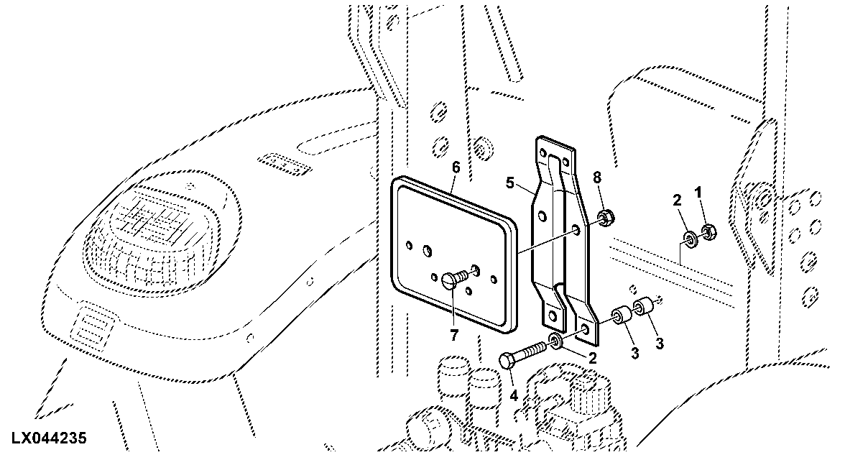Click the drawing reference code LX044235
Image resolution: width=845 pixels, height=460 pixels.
pos(47,438)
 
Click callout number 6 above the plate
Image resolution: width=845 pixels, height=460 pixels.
pos(456,167)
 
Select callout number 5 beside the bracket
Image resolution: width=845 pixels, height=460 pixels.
pos(510,183)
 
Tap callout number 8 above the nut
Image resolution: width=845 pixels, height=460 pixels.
pos(596,178)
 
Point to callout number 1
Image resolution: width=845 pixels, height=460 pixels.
pos(698,191)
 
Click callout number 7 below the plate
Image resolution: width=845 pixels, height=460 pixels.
pos(454,336)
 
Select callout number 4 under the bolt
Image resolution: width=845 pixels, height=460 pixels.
pos(514,396)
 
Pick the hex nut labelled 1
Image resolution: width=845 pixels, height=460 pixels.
pos(708,233)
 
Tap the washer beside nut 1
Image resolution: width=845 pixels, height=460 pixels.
pos(691,236)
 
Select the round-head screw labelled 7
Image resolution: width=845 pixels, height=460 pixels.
pos(454,278)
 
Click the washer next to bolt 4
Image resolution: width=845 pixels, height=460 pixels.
pos(555,341)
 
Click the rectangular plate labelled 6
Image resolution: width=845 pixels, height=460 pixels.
pos(453,254)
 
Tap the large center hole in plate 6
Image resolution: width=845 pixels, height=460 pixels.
pos(428,251)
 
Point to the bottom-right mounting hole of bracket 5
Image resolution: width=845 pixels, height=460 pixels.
pos(586,328)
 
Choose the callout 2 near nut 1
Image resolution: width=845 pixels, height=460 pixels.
pos(677,200)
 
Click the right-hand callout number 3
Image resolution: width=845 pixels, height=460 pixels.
pos(659,344)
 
